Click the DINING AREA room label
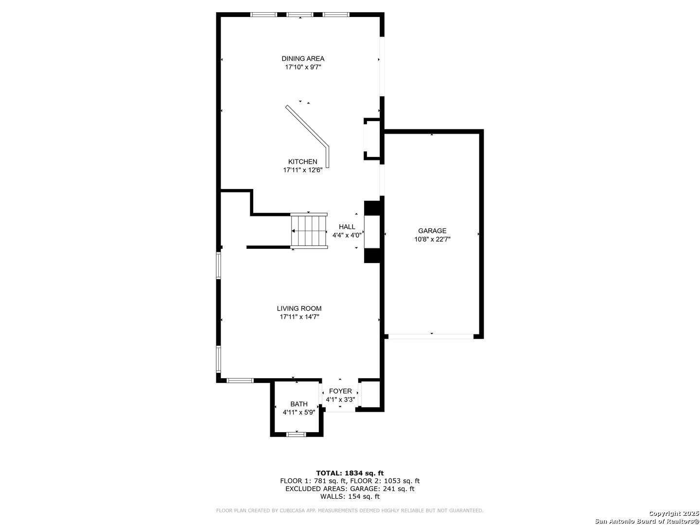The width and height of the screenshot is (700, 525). click(x=303, y=59)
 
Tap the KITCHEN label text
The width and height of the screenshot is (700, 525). click(x=303, y=161)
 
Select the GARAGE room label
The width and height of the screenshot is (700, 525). click(x=432, y=231)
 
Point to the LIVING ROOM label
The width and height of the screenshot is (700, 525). click(x=299, y=309)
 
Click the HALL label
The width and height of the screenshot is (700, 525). click(x=347, y=227)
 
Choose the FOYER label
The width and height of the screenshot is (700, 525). click(x=340, y=391)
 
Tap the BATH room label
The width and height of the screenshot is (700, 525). click(x=299, y=404)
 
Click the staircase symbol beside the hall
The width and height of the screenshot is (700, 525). click(x=309, y=230)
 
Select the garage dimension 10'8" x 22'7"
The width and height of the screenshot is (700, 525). click(x=432, y=239)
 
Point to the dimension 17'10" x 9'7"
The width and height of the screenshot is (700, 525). click(x=303, y=67)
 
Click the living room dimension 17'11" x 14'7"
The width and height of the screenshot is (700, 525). click(x=299, y=317)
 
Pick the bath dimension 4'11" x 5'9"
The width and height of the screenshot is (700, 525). click(x=299, y=413)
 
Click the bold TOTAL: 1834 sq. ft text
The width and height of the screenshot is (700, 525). click(x=350, y=473)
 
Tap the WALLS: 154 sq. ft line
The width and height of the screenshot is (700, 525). click(x=350, y=496)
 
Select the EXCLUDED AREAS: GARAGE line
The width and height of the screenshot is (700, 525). click(x=350, y=489)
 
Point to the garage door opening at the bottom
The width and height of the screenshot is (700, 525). click(x=431, y=336)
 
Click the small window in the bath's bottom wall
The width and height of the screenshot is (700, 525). click(x=297, y=434)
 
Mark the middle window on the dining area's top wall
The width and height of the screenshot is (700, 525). click(x=300, y=15)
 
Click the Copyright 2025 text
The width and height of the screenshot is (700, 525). click(x=674, y=513)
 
